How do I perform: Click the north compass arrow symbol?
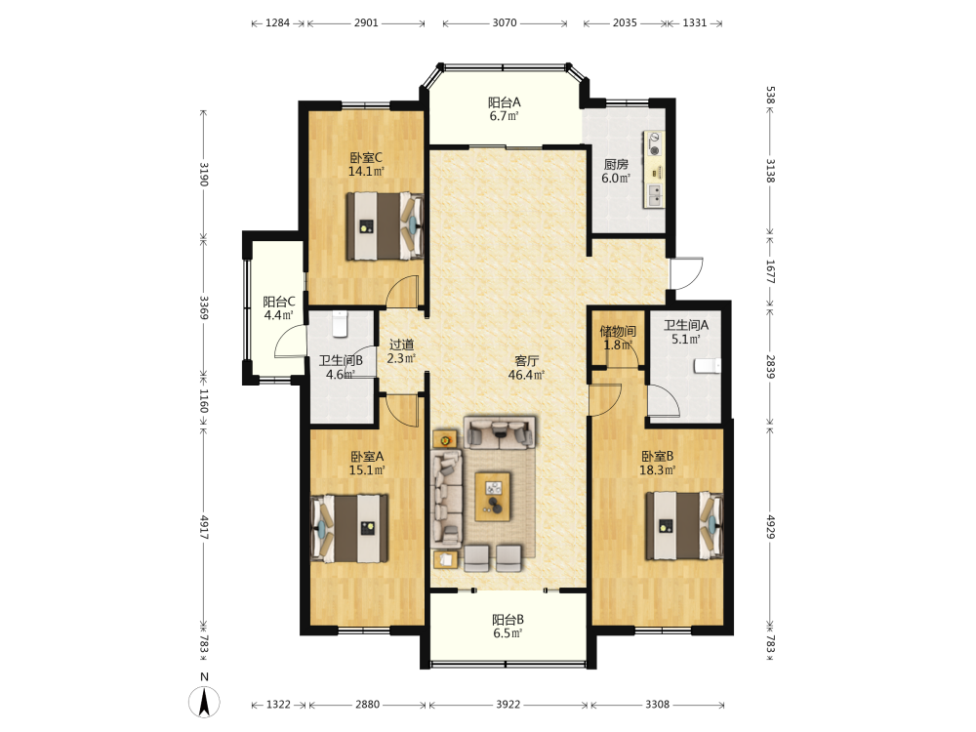click(204, 701)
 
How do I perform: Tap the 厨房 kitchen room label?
click(616, 164)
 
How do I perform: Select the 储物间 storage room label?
click(618, 331)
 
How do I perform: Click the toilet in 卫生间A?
click(708, 366)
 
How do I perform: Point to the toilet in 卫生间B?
click(340, 324)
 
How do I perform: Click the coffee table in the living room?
click(492, 496)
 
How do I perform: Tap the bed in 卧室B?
click(684, 526)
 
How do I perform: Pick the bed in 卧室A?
click(349, 528)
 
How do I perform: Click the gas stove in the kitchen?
click(654, 143)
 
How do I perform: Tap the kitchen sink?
click(654, 195)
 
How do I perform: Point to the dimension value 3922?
click(508, 704)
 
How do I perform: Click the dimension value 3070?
click(505, 23)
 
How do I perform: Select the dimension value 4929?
click(771, 527)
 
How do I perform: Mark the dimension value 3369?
click(204, 306)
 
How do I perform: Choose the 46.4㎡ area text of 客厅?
click(527, 375)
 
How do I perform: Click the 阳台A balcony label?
click(505, 102)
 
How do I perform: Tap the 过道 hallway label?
click(401, 345)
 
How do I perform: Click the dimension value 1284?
click(277, 23)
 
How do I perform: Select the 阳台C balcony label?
click(279, 302)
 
